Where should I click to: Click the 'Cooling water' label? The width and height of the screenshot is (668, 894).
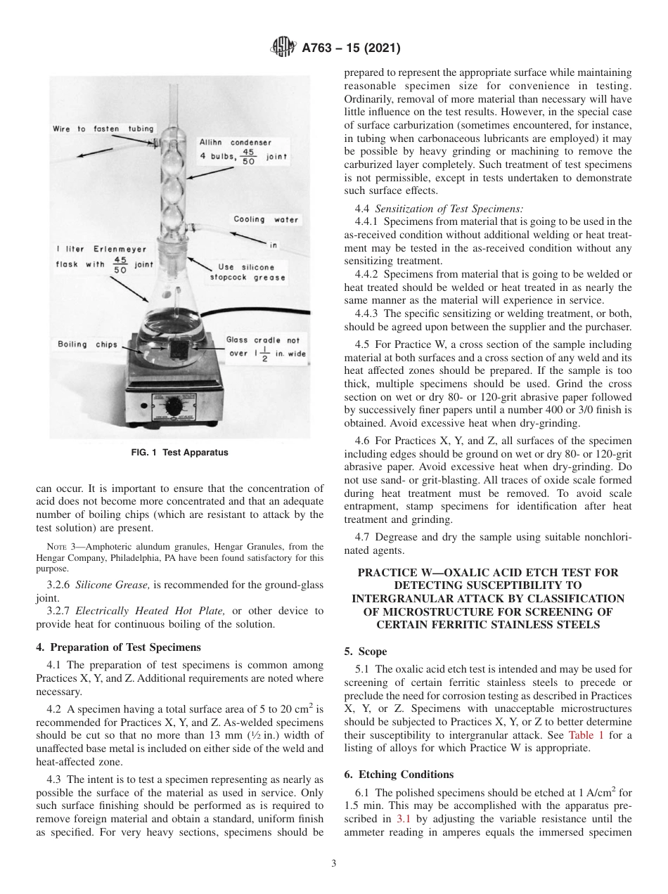point(266,219)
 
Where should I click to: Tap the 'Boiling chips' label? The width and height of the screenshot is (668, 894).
point(82,344)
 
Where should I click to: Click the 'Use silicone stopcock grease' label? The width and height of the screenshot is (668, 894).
point(243,272)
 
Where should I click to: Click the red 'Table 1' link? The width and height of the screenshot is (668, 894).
point(586,734)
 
